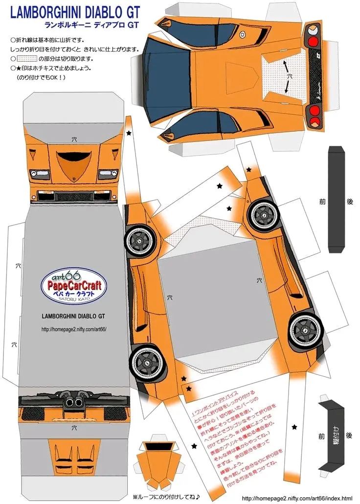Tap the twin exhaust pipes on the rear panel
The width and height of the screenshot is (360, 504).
pyautogui.click(x=74, y=403)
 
